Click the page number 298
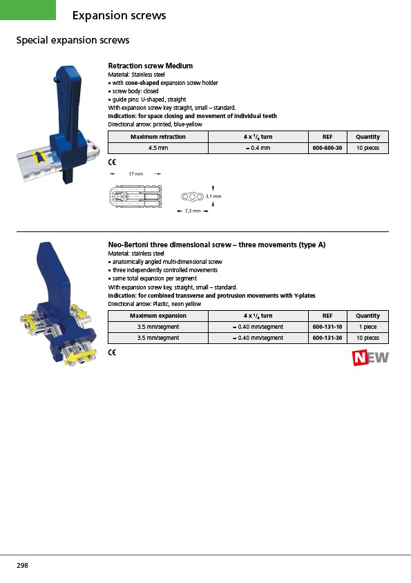[22, 565]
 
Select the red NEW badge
[370, 358]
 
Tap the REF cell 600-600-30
[327, 148]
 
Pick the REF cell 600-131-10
[327, 327]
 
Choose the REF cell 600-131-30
[327, 338]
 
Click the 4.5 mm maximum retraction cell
[158, 148]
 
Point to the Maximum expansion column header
[158, 316]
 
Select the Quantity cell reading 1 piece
[368, 327]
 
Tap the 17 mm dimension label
[136, 173]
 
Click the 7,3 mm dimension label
[193, 211]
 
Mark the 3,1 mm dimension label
[213, 196]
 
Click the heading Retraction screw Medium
[151, 66]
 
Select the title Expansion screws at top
[119, 15]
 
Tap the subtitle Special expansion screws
[73, 40]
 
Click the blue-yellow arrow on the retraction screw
[38, 157]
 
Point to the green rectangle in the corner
[28, 10]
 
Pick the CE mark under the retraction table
[112, 162]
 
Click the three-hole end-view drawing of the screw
[192, 196]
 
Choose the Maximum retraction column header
[158, 137]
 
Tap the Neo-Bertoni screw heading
[217, 245]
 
